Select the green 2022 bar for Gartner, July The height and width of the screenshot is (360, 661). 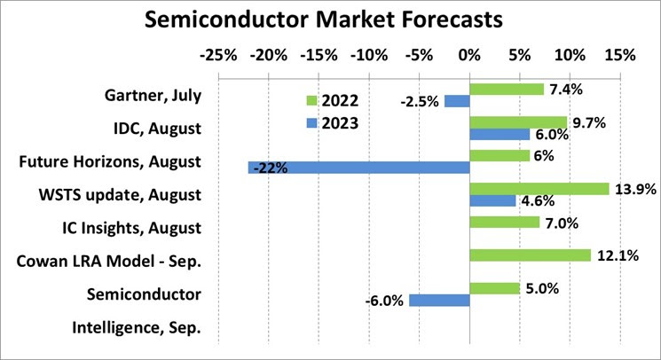[506, 89]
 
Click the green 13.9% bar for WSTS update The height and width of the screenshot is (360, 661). [539, 189]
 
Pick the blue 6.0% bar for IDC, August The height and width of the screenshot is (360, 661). [499, 134]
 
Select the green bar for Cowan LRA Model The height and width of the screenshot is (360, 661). [530, 255]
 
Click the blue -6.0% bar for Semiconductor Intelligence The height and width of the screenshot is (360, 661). [439, 300]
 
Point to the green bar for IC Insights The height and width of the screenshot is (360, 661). [504, 222]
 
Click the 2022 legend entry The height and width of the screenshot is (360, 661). [332, 101]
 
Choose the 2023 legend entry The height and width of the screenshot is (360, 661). [332, 123]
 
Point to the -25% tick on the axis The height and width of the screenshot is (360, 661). [218, 55]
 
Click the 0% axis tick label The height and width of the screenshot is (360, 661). [468, 55]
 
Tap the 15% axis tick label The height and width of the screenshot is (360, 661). [619, 55]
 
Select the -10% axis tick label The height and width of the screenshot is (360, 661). [368, 55]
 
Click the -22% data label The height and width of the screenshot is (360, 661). [269, 168]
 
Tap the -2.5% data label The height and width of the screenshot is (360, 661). [420, 102]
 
